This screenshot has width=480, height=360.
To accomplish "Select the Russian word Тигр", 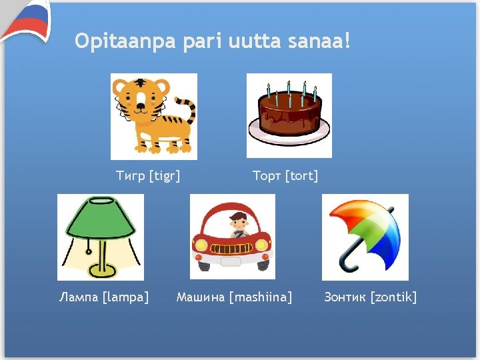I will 131,176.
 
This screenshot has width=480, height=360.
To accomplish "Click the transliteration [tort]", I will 301,176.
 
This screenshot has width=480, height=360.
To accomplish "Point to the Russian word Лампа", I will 78,297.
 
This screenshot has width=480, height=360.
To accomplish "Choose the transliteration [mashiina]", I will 260,297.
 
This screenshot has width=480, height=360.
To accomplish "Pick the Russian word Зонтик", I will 345,297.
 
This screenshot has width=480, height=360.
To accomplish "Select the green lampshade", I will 99,221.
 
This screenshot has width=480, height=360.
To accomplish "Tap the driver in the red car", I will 237,225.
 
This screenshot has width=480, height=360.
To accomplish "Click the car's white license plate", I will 231,261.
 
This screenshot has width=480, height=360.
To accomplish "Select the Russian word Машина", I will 200,297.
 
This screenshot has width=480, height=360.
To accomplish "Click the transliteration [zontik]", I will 393,297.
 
